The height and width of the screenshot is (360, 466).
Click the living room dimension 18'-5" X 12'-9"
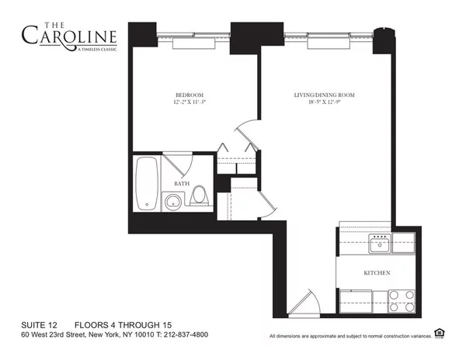(x=324, y=102)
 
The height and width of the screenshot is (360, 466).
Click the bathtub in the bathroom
(x=147, y=184)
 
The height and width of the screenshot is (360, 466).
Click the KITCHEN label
(x=377, y=273)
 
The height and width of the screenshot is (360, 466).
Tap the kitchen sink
(x=380, y=246)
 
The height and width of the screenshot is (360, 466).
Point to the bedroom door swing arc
(x=245, y=131)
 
